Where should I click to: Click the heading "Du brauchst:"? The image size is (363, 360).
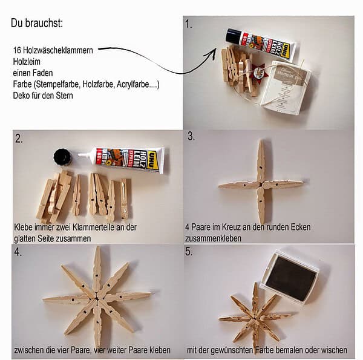37,23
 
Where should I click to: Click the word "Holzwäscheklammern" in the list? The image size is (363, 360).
58,50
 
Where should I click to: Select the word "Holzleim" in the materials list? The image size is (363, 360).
27,62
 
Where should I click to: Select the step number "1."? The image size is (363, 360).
189,24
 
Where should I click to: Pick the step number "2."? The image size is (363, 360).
19,139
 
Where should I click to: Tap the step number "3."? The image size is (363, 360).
191,136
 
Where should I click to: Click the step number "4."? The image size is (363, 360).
18,252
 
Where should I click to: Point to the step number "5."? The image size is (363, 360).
189,252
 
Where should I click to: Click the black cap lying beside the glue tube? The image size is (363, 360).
62,157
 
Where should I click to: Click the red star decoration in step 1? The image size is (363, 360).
260,71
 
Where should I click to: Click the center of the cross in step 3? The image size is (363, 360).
261,185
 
